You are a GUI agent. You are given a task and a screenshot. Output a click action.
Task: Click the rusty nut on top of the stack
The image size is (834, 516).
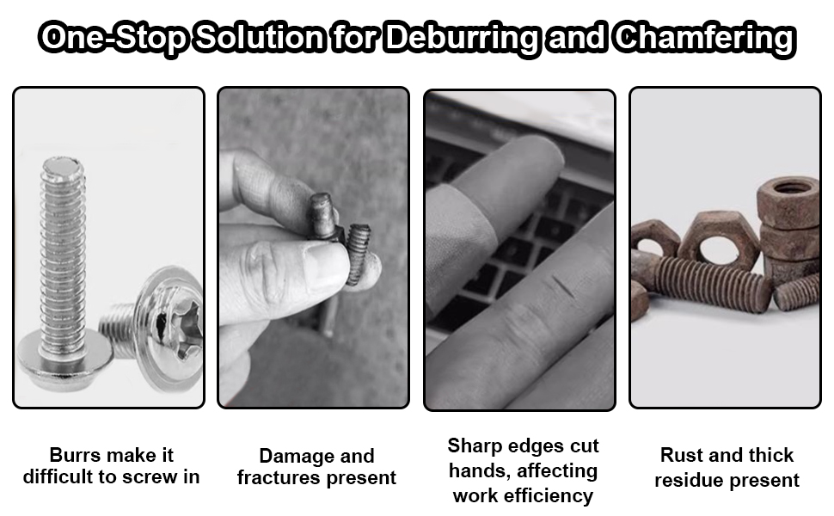(788, 191)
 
